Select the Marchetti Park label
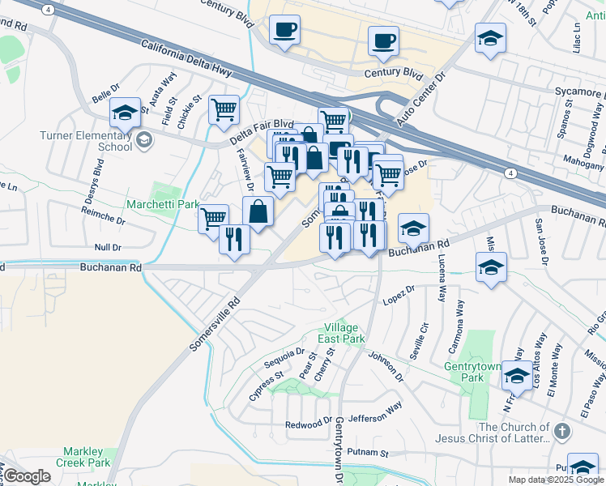tap(163, 204)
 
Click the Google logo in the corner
tap(27, 476)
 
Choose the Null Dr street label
tap(107, 246)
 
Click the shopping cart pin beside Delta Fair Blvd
tap(224, 109)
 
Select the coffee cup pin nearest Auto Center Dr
tap(383, 40)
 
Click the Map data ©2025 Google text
tap(555, 480)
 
